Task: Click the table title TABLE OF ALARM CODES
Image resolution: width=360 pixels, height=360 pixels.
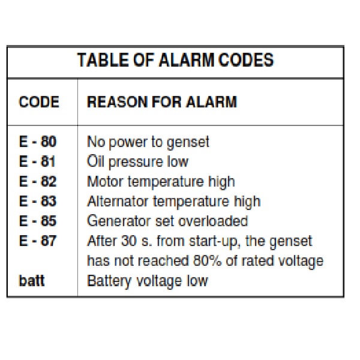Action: click(x=175, y=60)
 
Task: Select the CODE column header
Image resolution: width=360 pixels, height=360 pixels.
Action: click(x=39, y=102)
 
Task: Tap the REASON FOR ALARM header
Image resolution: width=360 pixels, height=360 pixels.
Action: click(x=162, y=102)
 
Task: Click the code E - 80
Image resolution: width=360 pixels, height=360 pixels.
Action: click(x=38, y=142)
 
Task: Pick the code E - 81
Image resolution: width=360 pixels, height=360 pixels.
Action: click(x=37, y=161)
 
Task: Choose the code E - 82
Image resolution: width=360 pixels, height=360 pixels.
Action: click(x=38, y=181)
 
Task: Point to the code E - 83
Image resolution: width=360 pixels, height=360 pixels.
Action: click(x=38, y=201)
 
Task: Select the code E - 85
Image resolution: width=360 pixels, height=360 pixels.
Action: click(x=38, y=221)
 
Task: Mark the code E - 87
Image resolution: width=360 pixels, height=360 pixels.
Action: click(x=38, y=241)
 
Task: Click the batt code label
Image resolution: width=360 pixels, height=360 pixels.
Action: click(x=32, y=281)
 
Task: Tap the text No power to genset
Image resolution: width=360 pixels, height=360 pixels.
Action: click(x=148, y=142)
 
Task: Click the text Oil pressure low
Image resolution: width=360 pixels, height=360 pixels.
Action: click(x=138, y=162)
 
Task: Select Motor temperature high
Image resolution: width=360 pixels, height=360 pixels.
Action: click(x=161, y=182)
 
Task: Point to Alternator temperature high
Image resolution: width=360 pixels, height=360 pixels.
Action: click(x=174, y=202)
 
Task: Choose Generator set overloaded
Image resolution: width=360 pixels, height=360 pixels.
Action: click(x=167, y=221)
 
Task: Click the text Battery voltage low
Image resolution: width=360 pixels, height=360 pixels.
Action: click(x=148, y=281)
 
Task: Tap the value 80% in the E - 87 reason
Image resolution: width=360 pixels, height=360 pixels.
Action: click(x=208, y=261)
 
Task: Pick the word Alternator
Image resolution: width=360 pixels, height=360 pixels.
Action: click(x=118, y=202)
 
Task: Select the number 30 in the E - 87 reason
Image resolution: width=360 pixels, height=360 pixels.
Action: click(x=129, y=241)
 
